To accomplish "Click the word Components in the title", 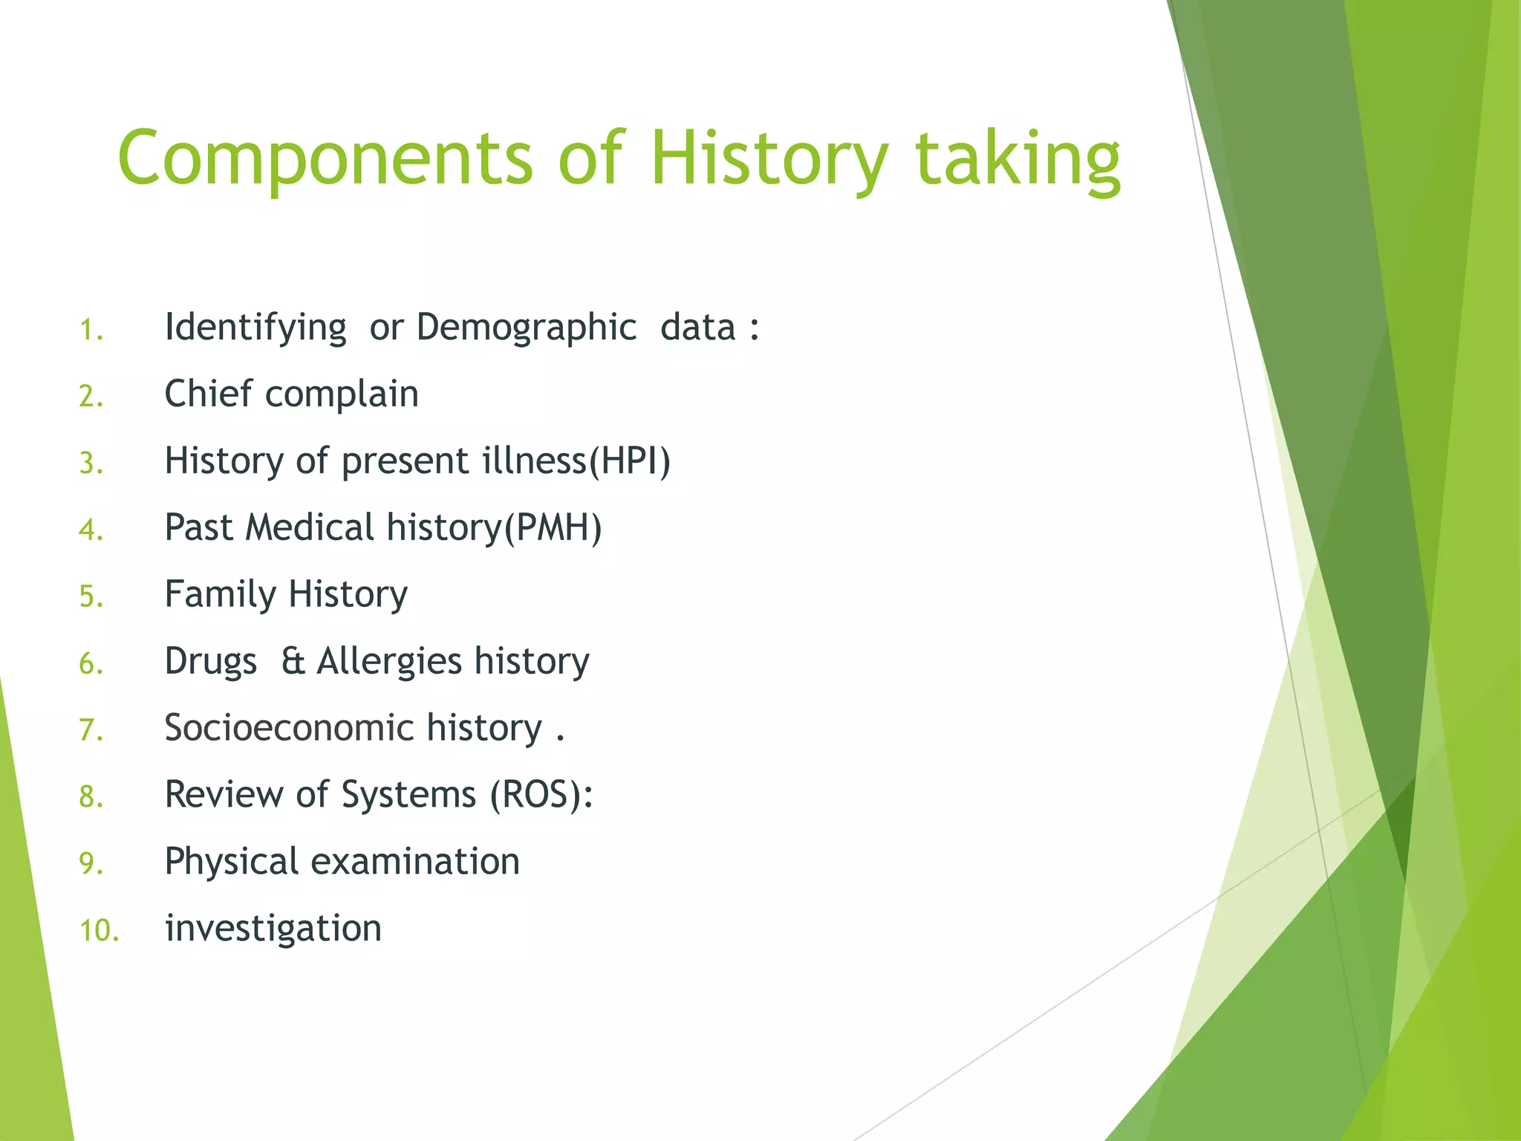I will [325, 158].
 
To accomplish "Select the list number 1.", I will [91, 330].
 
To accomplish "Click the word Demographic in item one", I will [526, 328].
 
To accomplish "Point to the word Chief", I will [208, 394].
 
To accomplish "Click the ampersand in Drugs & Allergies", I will [293, 661].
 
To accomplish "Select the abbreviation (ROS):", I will [542, 795].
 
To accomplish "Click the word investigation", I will [273, 929].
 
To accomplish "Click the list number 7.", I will [91, 730].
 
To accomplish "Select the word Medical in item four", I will [310, 527].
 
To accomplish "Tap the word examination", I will [415, 862].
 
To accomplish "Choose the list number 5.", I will [91, 596].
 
